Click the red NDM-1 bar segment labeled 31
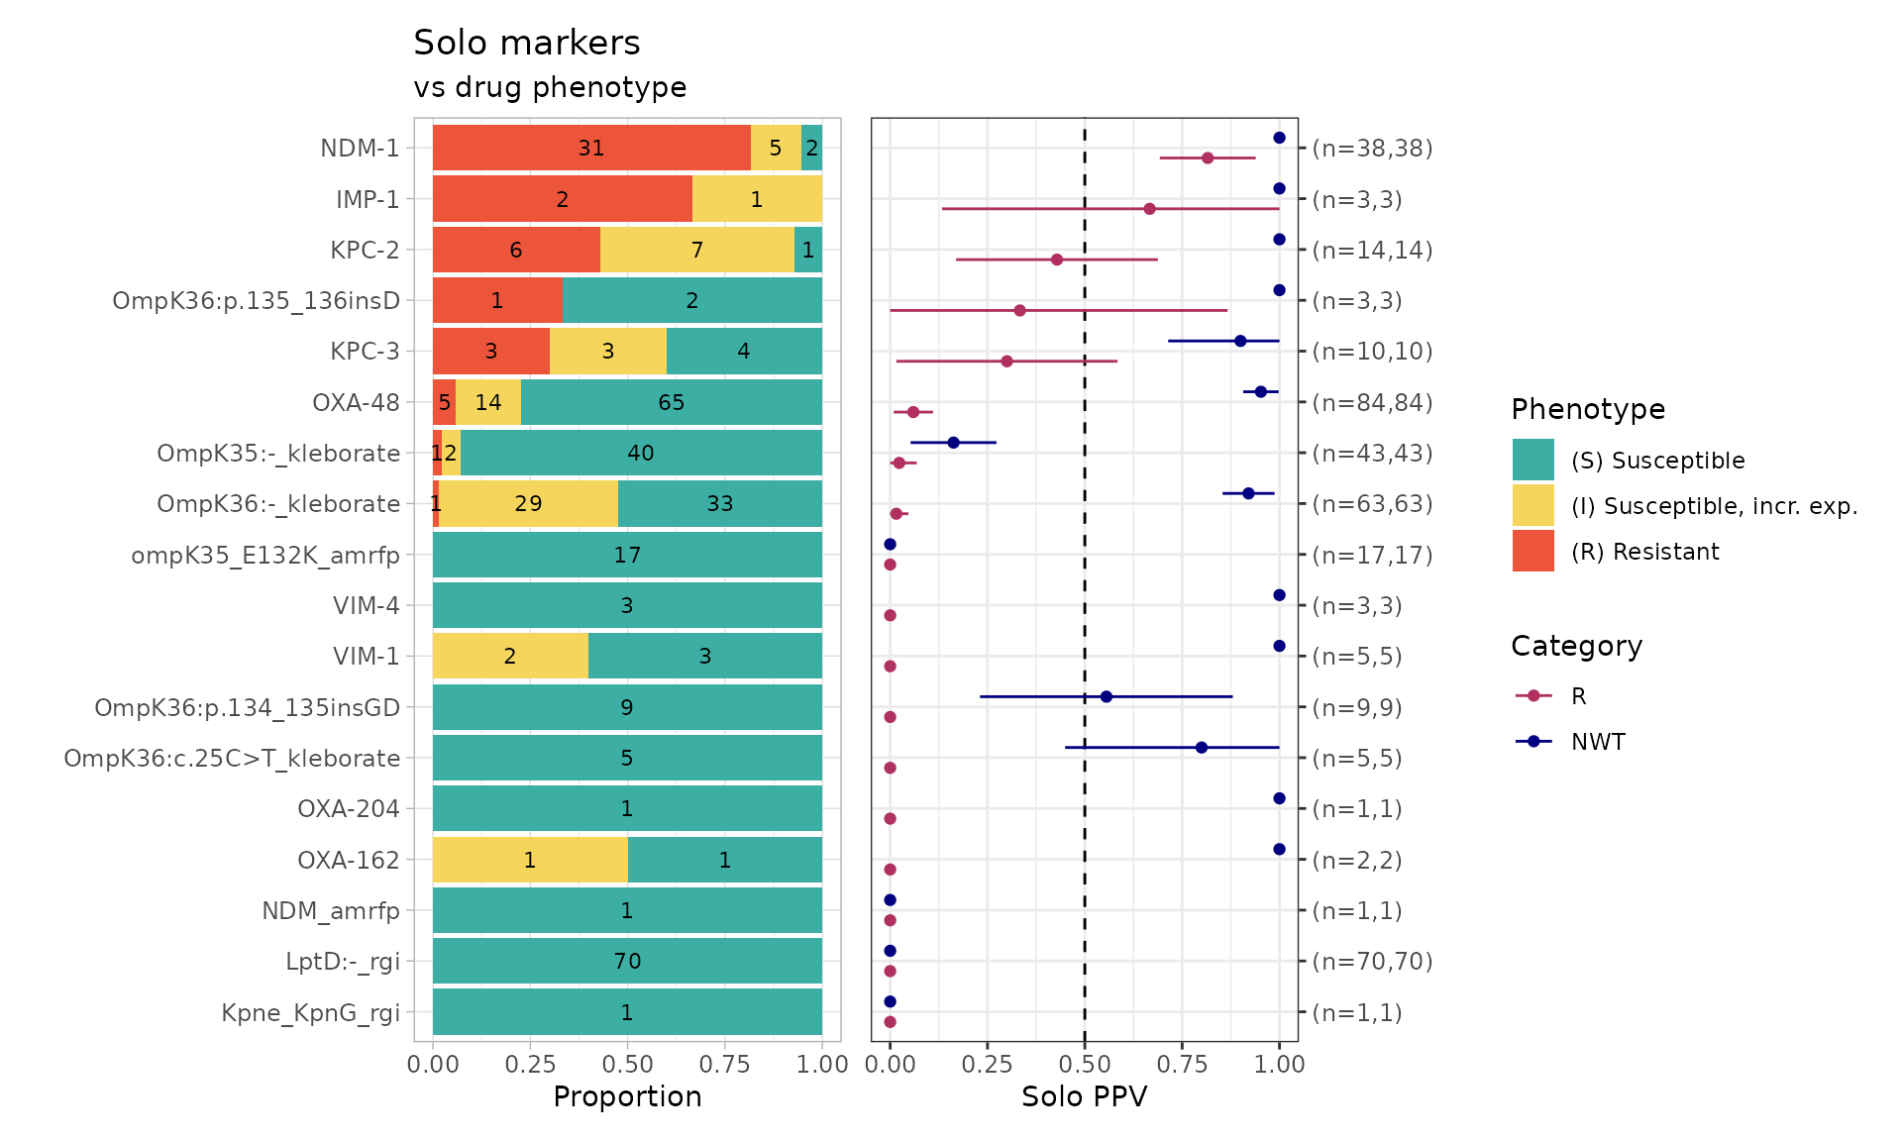(x=591, y=149)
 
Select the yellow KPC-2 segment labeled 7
(x=697, y=250)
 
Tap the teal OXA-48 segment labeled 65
(x=672, y=402)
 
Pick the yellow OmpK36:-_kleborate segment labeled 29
(x=528, y=503)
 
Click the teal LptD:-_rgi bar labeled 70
(x=627, y=961)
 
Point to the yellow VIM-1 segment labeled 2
(x=510, y=656)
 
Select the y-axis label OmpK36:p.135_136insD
(x=256, y=301)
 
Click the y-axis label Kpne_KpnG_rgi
(x=310, y=1012)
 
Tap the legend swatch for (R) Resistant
(x=1532, y=551)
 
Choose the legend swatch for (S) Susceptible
(x=1532, y=460)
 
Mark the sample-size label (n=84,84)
(x=1372, y=402)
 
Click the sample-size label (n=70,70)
(x=1372, y=961)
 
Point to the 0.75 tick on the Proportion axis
(x=725, y=1065)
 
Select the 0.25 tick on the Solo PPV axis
(x=987, y=1065)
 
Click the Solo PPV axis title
(x=1084, y=1096)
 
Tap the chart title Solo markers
(x=526, y=43)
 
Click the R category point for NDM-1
(x=1208, y=158)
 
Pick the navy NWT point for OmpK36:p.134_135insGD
(x=1107, y=696)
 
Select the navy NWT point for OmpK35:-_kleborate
(x=953, y=443)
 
